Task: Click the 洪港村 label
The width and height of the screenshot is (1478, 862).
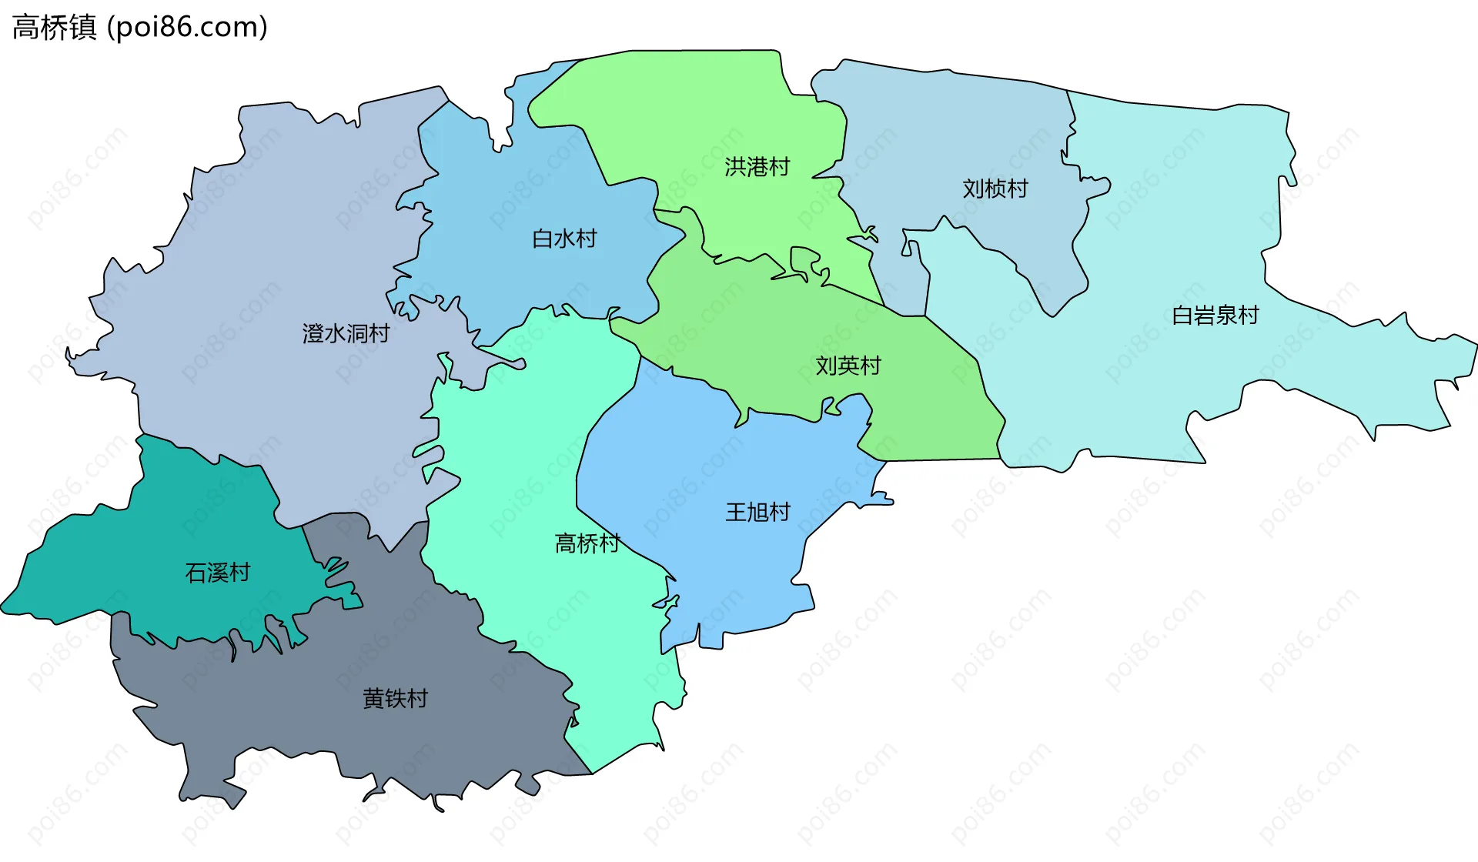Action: pyautogui.click(x=757, y=167)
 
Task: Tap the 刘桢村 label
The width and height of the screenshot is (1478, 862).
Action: pyautogui.click(x=995, y=189)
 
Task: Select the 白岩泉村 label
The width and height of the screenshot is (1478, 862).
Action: pyautogui.click(x=1215, y=316)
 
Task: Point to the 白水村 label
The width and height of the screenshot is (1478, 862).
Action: pyautogui.click(x=564, y=239)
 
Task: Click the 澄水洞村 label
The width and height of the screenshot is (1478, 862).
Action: pyautogui.click(x=346, y=333)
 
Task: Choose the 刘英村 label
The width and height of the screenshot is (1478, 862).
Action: pyautogui.click(x=848, y=366)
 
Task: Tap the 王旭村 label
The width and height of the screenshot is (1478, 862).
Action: pyautogui.click(x=757, y=512)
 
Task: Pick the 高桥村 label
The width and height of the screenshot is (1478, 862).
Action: pyautogui.click(x=587, y=543)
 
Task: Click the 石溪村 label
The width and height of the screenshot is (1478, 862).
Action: pyautogui.click(x=217, y=573)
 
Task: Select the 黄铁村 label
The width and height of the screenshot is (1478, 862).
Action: pyautogui.click(x=395, y=699)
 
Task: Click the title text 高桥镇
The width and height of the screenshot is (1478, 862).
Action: pyautogui.click(x=54, y=28)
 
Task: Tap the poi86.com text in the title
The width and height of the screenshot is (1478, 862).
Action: pyautogui.click(x=188, y=28)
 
